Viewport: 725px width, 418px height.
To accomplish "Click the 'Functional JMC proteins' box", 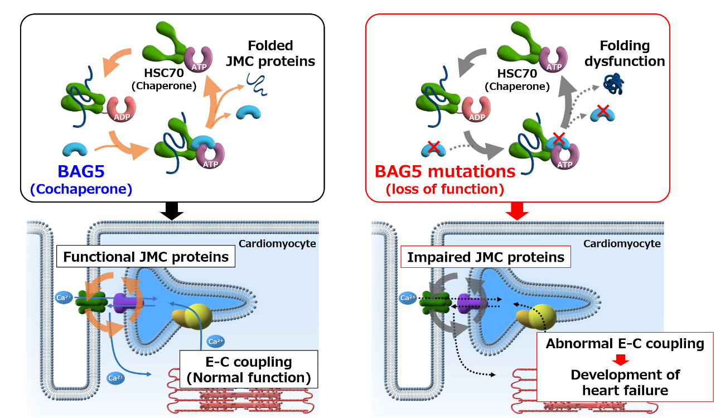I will coord(146,257).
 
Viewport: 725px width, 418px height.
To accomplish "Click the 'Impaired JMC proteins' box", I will coord(485,257).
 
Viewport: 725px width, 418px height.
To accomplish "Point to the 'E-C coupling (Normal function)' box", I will coord(248,369).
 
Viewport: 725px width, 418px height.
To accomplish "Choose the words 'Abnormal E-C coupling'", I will coord(625,343).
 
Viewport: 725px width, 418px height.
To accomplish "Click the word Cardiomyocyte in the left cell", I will coord(278,243).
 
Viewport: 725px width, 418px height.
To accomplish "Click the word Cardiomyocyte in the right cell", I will coord(622,243).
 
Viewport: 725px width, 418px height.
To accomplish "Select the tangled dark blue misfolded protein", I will coord(615,83).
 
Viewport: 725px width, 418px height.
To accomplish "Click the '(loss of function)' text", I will coord(444,189).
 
